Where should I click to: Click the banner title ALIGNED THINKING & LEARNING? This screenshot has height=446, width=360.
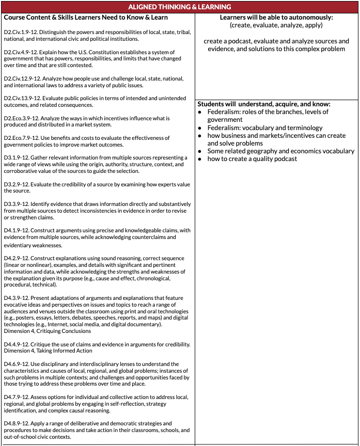click(180, 7)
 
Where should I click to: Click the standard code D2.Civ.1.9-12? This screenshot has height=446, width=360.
click(19, 33)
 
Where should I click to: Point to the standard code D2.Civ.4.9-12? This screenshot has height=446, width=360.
click(19, 52)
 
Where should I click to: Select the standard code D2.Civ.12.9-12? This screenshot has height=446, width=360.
click(20, 78)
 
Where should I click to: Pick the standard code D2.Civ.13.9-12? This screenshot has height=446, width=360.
click(20, 98)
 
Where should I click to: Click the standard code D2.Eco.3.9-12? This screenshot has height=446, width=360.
click(19, 118)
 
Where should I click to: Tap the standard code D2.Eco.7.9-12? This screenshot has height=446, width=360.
click(19, 138)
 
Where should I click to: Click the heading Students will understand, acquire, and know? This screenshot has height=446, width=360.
click(264, 104)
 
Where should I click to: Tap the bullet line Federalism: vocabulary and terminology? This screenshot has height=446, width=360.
click(264, 128)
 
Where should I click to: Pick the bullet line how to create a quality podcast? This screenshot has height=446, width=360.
click(252, 159)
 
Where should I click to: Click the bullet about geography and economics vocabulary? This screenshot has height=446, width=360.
click(280, 151)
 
